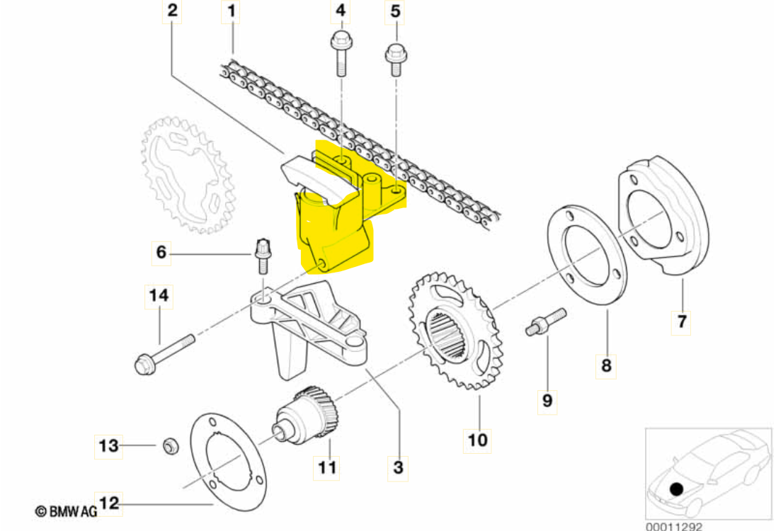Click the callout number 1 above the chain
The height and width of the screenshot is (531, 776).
231,11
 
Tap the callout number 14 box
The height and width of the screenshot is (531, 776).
159,296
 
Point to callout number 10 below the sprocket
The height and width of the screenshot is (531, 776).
477,440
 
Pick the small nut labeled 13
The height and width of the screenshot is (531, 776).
170,446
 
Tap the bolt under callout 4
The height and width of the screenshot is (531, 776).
340,53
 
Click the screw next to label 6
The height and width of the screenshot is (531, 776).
263,256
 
